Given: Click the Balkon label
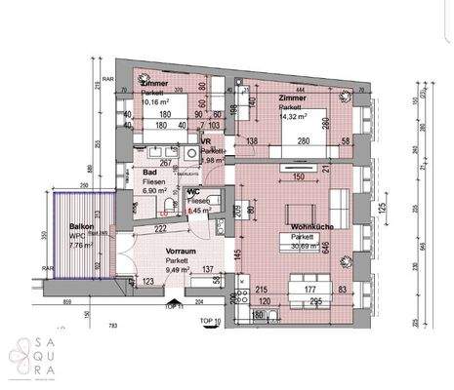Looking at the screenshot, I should click(x=80, y=225).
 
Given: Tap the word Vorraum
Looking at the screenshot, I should click(x=178, y=250).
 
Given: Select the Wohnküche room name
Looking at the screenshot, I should click(x=310, y=227).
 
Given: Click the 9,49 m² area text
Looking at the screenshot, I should click(x=178, y=269).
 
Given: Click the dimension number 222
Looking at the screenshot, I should click(x=160, y=227).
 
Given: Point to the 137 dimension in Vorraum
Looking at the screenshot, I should click(x=207, y=269).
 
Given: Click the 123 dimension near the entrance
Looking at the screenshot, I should click(x=149, y=281).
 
